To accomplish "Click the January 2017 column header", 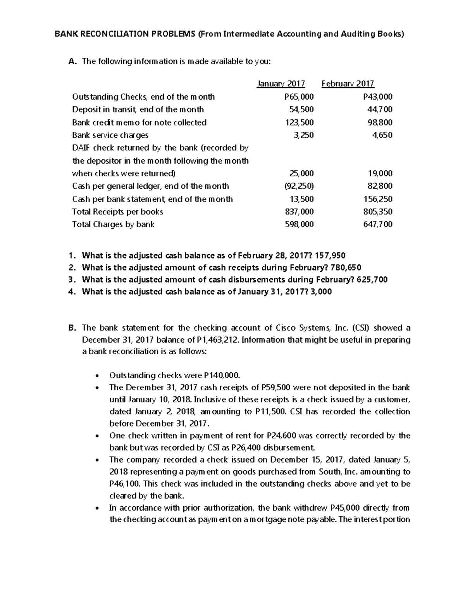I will [281, 84].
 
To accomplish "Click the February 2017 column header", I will [348, 84].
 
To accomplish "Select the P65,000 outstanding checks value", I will [299, 97].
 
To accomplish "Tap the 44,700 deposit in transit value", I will [380, 109].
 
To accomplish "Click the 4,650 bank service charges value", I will [382, 135].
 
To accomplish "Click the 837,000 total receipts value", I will [299, 212].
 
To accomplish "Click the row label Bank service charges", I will [110, 135].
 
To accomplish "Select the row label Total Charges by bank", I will [113, 224].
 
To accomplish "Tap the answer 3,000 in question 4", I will [321, 292].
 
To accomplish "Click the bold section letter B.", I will [71, 328].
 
